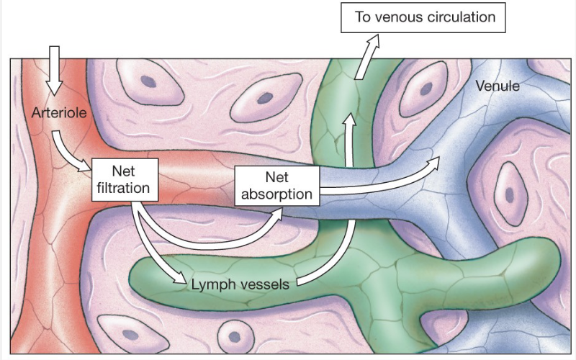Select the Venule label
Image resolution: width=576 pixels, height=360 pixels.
click(498, 86)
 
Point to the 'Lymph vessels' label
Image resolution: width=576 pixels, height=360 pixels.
click(240, 284)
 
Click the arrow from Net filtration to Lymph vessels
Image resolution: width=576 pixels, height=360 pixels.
click(155, 248)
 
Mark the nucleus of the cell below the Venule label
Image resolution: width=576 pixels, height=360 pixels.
click(510, 193)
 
